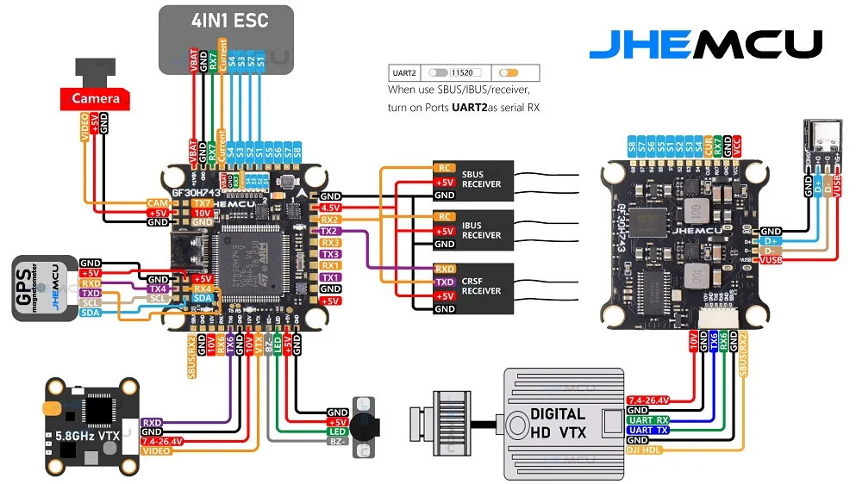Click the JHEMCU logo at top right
[x=705, y=45]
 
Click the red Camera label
[x=95, y=99]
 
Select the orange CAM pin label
[x=157, y=202]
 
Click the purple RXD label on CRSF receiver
[x=445, y=269]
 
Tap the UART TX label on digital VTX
[x=648, y=430]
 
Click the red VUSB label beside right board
[x=770, y=260]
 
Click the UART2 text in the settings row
[x=405, y=73]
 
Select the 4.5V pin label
[x=330, y=208]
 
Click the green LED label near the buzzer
[x=337, y=431]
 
